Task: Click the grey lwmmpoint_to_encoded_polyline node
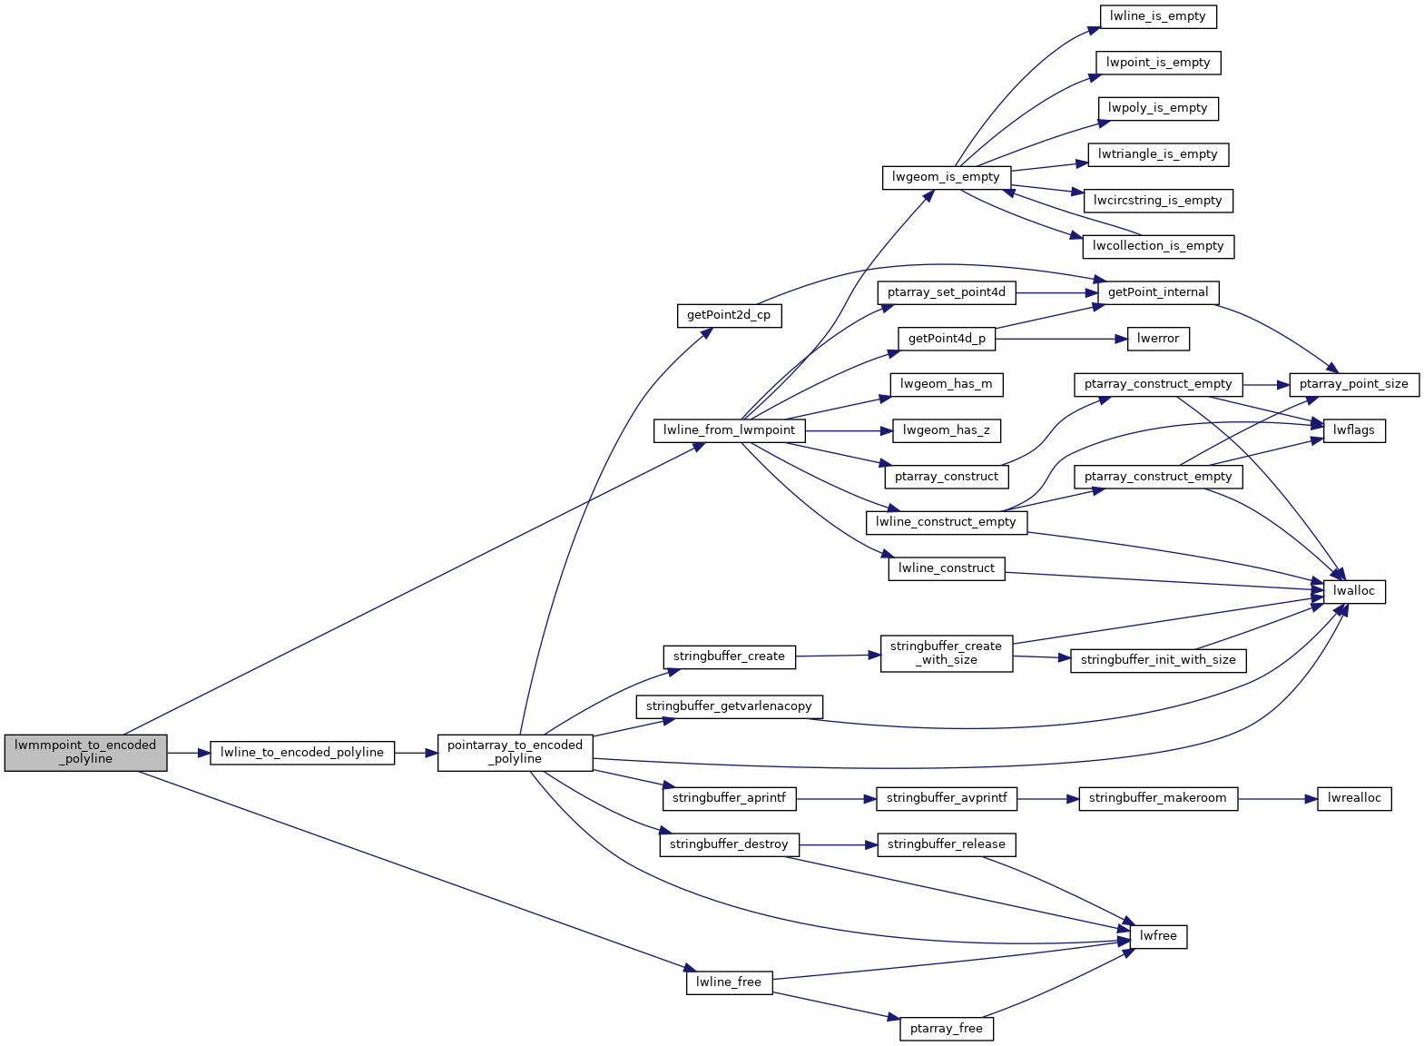pyautogui.click(x=85, y=752)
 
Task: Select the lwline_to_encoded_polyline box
pyautogui.click(x=302, y=753)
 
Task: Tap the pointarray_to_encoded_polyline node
pyautogui.click(x=515, y=752)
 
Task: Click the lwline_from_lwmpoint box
pyautogui.click(x=729, y=430)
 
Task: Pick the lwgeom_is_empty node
pyautogui.click(x=946, y=177)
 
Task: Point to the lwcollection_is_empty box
pyautogui.click(x=1158, y=246)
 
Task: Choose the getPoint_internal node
pyautogui.click(x=1158, y=292)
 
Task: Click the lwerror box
pyautogui.click(x=1158, y=339)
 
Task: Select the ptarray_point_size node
pyautogui.click(x=1353, y=384)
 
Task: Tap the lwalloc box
pyautogui.click(x=1354, y=591)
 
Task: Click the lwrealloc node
pyautogui.click(x=1354, y=798)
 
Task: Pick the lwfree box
pyautogui.click(x=1158, y=936)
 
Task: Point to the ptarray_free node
pyautogui.click(x=946, y=1029)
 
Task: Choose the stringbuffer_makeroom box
pyautogui.click(x=1157, y=798)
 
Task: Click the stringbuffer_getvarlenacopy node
pyautogui.click(x=729, y=706)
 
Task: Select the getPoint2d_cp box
pyautogui.click(x=729, y=315)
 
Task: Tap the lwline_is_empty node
pyautogui.click(x=1157, y=16)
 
